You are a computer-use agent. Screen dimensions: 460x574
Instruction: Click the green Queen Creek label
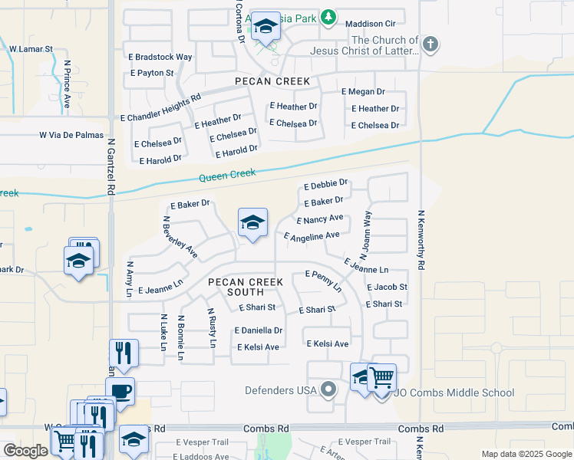point(227,176)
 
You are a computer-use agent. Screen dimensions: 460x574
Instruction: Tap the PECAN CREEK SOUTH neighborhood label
point(240,287)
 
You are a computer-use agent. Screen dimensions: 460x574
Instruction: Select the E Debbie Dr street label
point(326,185)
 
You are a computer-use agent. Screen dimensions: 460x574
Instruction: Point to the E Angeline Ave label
point(312,236)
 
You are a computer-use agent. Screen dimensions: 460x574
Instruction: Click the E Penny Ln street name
point(324,280)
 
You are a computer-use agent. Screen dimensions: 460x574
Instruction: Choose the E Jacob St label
point(387,287)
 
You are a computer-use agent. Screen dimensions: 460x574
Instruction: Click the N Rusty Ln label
point(211,327)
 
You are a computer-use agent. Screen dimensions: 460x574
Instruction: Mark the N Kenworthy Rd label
point(421,240)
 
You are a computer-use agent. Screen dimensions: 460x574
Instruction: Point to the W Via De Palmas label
point(71,135)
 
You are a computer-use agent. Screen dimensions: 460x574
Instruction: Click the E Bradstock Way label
point(160,57)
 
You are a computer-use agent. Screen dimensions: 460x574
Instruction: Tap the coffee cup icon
point(120,391)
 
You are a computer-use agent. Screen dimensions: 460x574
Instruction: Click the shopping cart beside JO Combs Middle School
point(381,377)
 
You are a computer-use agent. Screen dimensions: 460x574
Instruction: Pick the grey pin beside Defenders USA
point(328,390)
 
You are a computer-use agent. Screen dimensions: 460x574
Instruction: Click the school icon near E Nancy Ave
point(252,223)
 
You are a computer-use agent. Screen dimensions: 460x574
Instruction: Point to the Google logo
point(25,451)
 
